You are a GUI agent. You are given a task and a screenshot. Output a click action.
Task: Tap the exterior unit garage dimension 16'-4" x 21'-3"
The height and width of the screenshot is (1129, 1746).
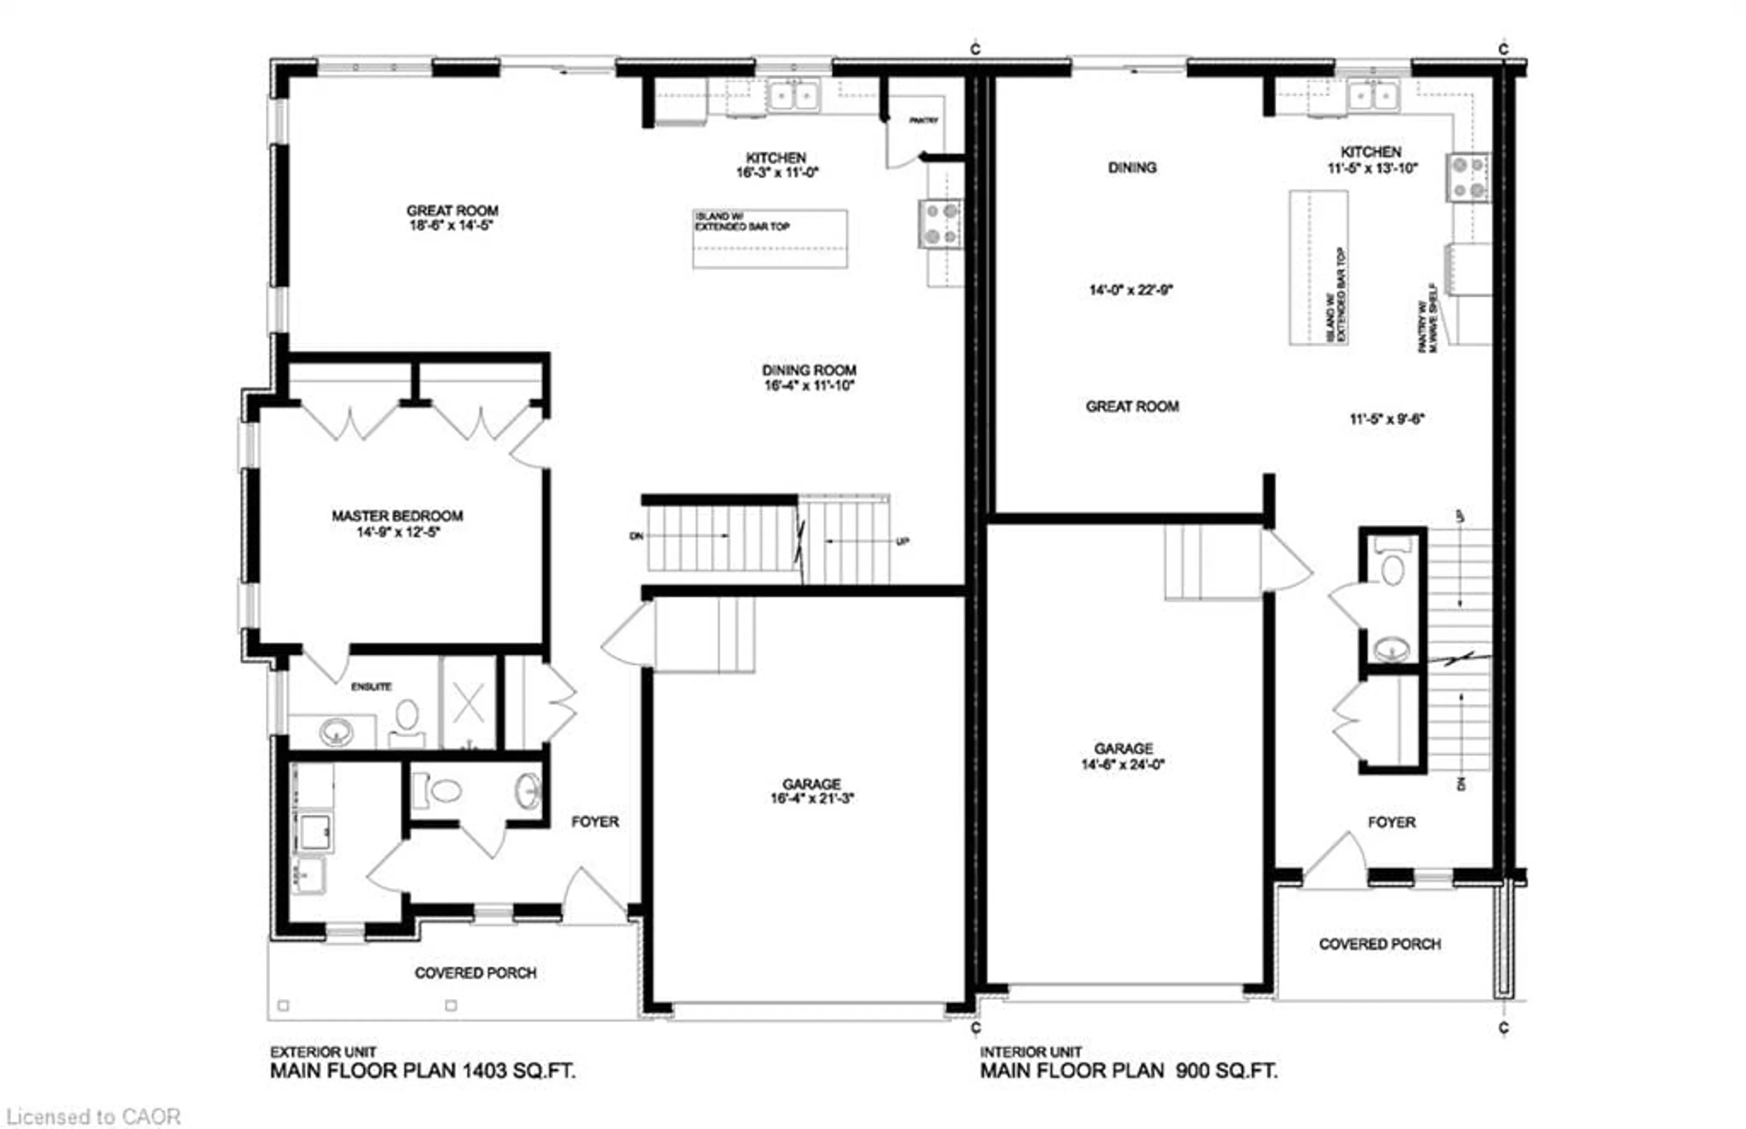click(812, 798)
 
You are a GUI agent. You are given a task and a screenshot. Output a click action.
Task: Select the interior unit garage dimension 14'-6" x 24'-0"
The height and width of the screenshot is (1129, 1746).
click(1123, 764)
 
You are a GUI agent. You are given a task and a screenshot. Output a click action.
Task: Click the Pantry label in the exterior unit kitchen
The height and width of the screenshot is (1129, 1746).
click(923, 120)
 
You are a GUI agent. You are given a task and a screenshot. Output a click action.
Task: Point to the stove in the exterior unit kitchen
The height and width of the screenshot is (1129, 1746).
click(940, 224)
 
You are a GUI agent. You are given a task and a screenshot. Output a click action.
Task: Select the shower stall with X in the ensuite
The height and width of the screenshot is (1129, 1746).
click(468, 703)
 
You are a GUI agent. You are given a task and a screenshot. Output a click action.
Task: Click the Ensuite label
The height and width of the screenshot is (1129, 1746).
click(371, 686)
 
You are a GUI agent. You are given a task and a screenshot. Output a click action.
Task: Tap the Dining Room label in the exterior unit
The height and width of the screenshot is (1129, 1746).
click(808, 370)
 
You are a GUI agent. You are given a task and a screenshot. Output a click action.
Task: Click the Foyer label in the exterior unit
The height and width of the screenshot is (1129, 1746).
click(594, 822)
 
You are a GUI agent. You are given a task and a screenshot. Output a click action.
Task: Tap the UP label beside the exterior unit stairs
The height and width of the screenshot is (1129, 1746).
click(902, 542)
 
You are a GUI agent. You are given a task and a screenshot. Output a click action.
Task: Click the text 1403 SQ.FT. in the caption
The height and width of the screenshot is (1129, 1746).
click(517, 1071)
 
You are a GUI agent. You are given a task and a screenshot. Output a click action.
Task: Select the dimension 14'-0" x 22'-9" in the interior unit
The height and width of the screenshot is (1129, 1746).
click(1130, 290)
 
